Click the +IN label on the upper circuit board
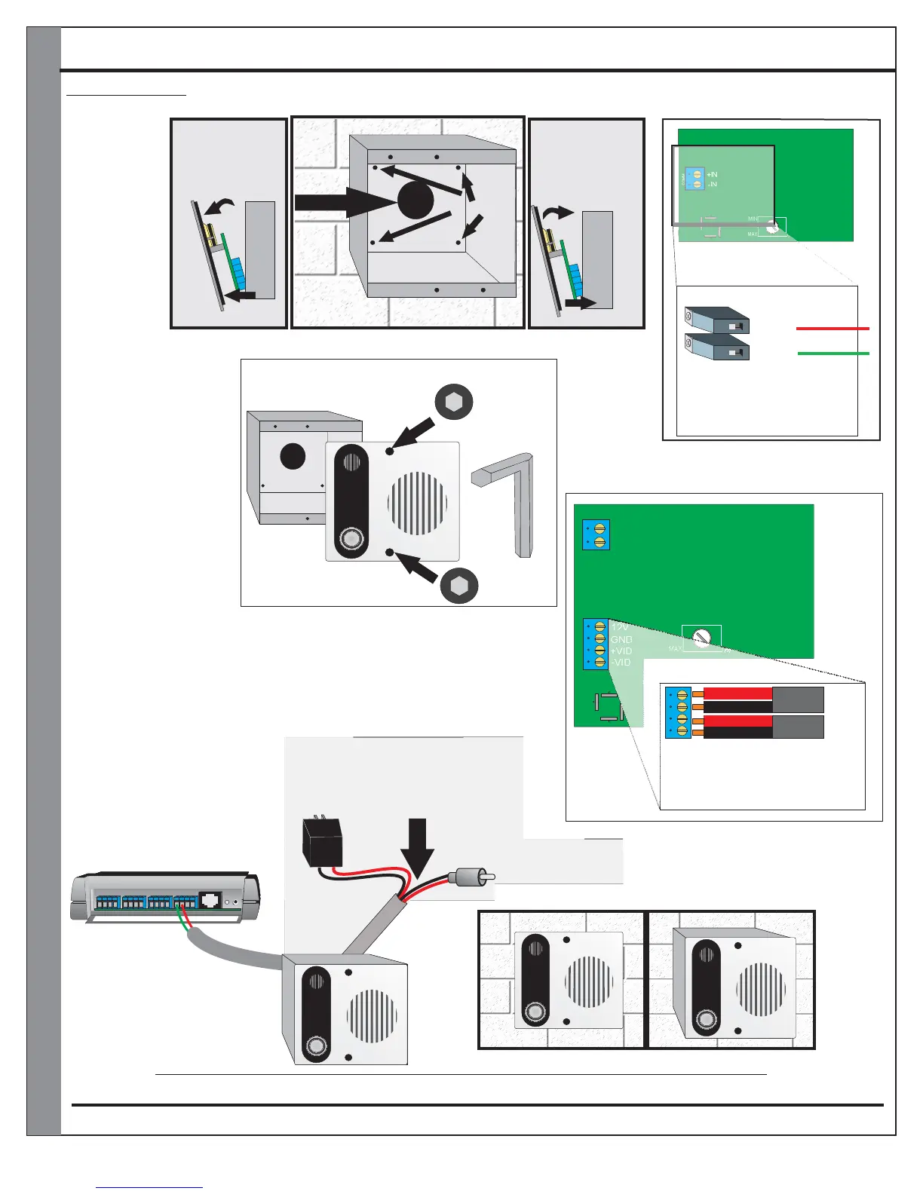point(712,175)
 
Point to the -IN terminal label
point(712,185)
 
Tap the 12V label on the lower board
point(620,627)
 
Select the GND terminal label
point(621,639)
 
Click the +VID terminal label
point(621,651)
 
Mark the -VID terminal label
point(621,662)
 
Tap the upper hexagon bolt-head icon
point(455,402)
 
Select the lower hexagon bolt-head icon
point(458,585)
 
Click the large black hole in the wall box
point(416,201)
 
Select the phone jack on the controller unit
point(210,900)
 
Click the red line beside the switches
point(833,329)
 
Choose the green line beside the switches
point(833,353)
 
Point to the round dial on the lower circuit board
point(702,638)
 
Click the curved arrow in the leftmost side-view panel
point(220,206)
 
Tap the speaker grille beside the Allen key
point(417,504)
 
